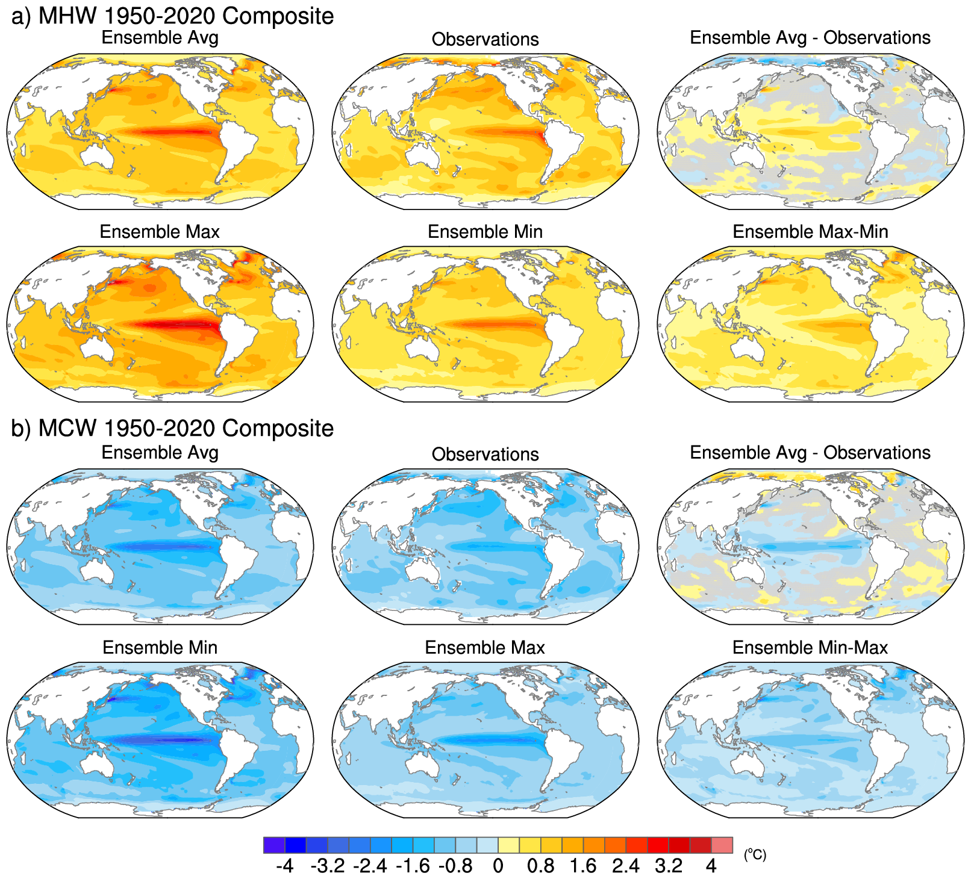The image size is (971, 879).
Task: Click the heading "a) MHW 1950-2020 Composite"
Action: pyautogui.click(x=172, y=16)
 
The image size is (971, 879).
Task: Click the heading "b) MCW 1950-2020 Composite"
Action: pyautogui.click(x=172, y=428)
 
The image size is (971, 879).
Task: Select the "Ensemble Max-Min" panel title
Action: pyautogui.click(x=810, y=232)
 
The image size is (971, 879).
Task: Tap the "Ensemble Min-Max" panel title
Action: pyautogui.click(x=810, y=647)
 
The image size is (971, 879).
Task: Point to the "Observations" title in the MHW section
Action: pyautogui.click(x=485, y=39)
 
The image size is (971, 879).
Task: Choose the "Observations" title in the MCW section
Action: pyautogui.click(x=485, y=454)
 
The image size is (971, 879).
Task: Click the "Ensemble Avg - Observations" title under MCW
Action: pyautogui.click(x=810, y=452)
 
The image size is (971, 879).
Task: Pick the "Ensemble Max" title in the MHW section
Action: pyautogui.click(x=160, y=232)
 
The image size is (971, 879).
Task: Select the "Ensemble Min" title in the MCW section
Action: pyautogui.click(x=160, y=647)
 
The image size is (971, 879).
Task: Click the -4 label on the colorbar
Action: pyautogui.click(x=284, y=866)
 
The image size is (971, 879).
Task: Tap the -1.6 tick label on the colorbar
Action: pyautogui.click(x=413, y=866)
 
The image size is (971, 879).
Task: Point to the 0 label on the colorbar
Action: pyautogui.click(x=498, y=866)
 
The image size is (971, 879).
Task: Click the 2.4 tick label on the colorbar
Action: pyautogui.click(x=626, y=866)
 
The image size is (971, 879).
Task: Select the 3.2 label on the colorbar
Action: pyautogui.click(x=669, y=866)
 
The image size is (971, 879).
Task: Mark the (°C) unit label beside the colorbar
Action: pyautogui.click(x=755, y=854)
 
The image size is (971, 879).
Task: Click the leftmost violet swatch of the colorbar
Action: pyautogui.click(x=274, y=845)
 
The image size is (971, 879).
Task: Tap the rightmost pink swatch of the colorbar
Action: pyautogui.click(x=722, y=845)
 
